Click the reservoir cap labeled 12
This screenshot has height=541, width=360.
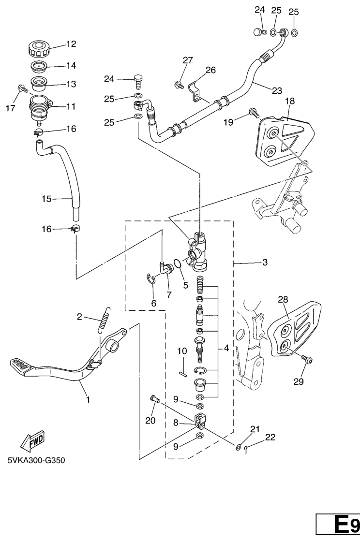39,49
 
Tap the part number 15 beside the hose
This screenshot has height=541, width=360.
46,199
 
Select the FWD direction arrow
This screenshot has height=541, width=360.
32,441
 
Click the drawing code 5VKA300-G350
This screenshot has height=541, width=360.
36,460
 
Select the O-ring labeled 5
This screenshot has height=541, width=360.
178,263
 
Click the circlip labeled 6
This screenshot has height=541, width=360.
150,279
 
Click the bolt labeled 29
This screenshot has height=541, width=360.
307,360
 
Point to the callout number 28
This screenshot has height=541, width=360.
283,299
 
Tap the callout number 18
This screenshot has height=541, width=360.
290,101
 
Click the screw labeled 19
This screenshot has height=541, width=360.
253,112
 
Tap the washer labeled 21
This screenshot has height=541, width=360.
239,447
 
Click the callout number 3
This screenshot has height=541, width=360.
265,263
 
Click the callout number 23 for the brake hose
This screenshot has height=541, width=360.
277,91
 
